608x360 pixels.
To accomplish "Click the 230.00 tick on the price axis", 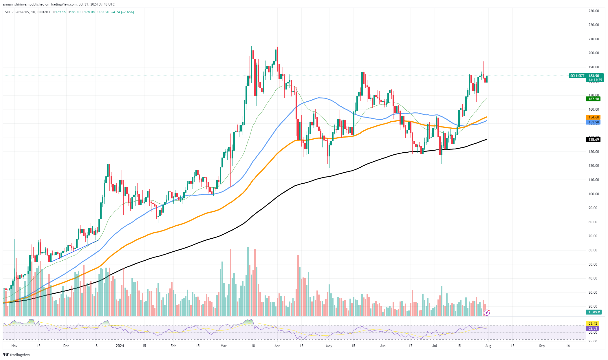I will (594, 11).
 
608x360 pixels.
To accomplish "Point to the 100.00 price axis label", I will (594, 194).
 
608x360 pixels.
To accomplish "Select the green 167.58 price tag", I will (593, 99).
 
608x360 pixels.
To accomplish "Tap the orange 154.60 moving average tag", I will (593, 117).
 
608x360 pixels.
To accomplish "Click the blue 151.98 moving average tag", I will (593, 122).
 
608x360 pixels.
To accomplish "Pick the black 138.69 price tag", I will (593, 140).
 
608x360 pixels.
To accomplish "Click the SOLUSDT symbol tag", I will (577, 76).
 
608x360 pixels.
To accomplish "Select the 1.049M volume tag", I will (593, 312).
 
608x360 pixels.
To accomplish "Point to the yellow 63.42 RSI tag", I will (593, 324).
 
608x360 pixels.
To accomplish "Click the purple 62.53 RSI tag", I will (593, 328).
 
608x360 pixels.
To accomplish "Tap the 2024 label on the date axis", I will (120, 346).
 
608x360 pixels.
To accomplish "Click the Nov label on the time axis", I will (14, 346).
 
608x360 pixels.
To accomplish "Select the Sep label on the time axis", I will (542, 346).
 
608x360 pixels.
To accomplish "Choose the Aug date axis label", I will (488, 346).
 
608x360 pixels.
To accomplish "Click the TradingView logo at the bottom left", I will (17, 355).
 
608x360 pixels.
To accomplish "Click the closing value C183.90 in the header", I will (103, 12).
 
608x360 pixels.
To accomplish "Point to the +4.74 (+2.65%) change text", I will (122, 12).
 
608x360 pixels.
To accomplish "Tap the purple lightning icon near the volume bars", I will (487, 313).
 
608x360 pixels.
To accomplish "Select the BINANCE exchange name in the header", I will (44, 12).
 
